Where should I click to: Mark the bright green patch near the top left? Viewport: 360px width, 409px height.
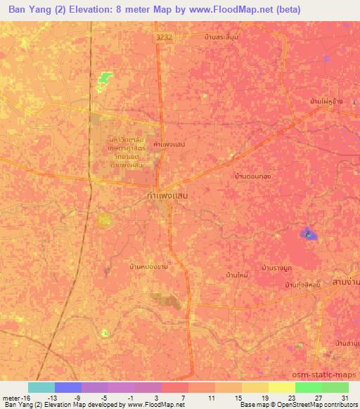105,78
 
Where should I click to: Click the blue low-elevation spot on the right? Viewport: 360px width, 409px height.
308,233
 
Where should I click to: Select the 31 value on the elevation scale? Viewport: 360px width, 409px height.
345,397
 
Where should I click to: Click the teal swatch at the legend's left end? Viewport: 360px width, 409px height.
41,387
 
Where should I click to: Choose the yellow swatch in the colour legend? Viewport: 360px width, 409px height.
281,387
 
